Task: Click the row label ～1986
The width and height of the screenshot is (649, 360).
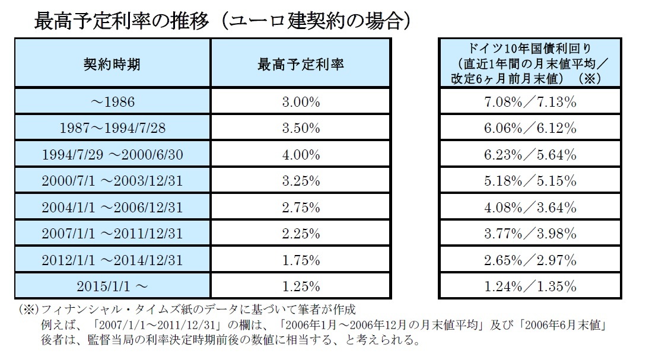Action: click(112, 102)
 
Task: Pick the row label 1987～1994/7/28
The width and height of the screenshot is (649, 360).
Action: click(112, 128)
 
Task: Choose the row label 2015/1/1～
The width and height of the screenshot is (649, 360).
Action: click(112, 286)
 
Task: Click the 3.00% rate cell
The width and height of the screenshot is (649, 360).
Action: click(300, 102)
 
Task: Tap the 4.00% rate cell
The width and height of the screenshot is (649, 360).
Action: click(300, 154)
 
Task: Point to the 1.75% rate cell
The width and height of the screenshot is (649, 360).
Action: click(300, 260)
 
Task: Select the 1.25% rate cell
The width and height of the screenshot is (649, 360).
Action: click(300, 286)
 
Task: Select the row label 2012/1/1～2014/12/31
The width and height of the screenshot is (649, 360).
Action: click(112, 260)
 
